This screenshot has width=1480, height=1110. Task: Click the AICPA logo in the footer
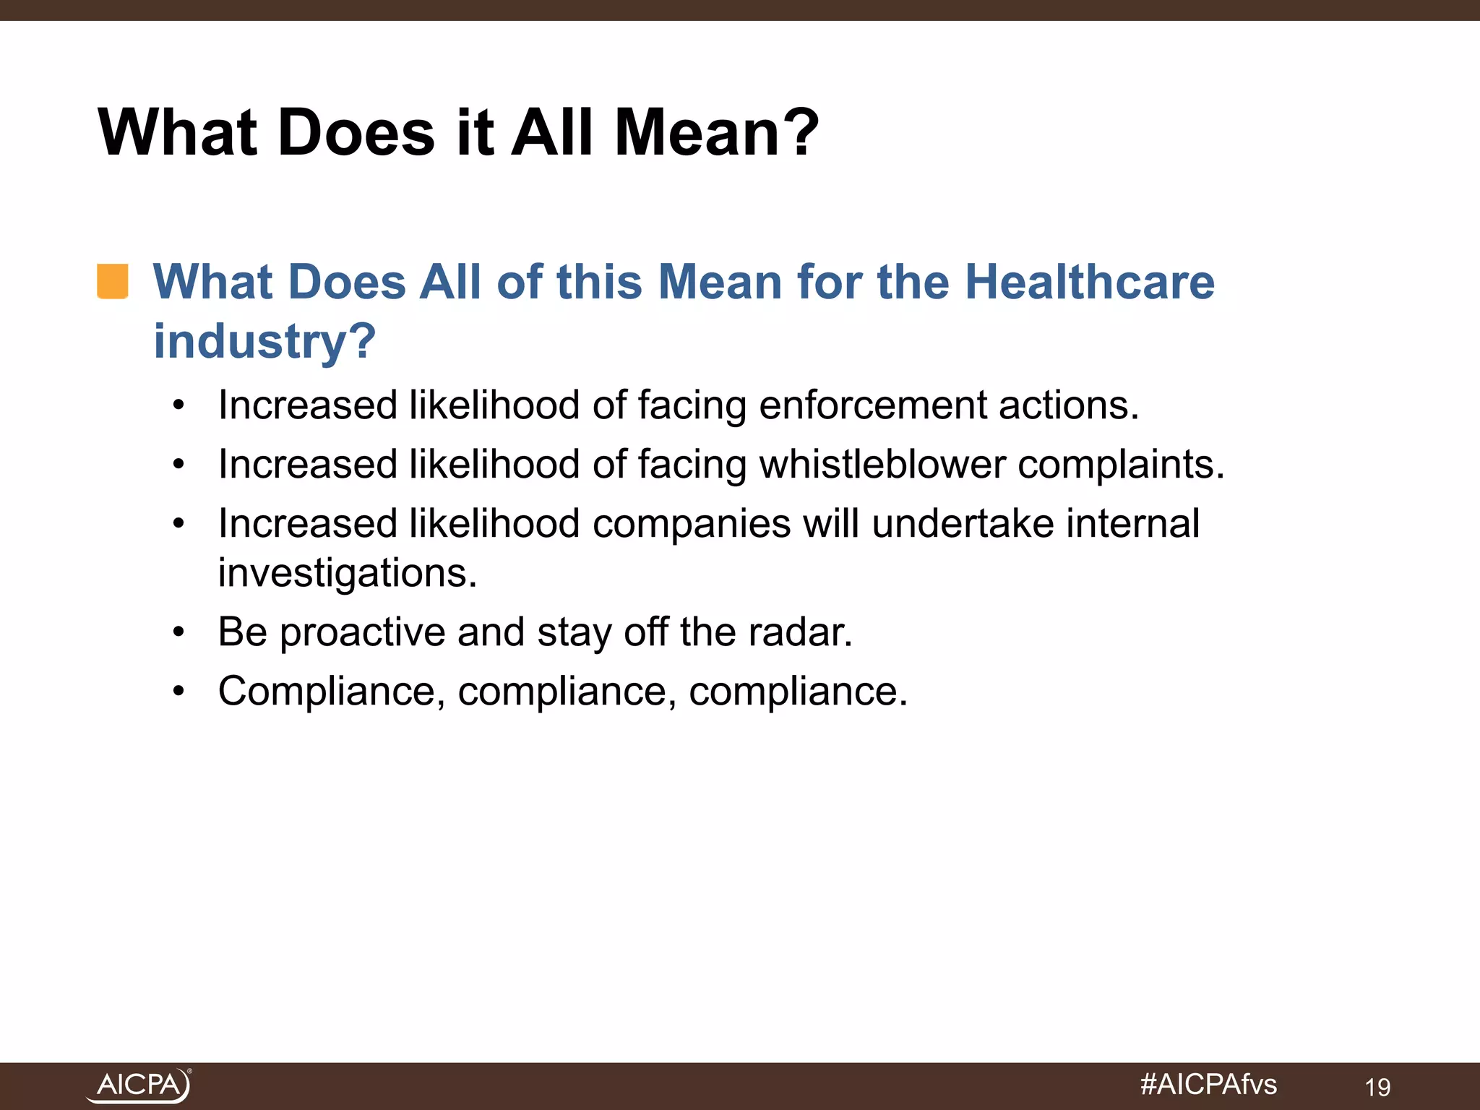139,1085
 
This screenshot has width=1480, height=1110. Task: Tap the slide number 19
1377,1087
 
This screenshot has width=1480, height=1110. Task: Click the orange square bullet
113,281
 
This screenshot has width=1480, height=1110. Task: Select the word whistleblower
882,464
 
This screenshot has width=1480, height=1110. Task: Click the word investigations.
348,573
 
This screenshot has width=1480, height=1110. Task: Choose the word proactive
362,633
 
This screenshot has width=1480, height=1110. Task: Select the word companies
692,524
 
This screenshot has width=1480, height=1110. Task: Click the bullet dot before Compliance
178,692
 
